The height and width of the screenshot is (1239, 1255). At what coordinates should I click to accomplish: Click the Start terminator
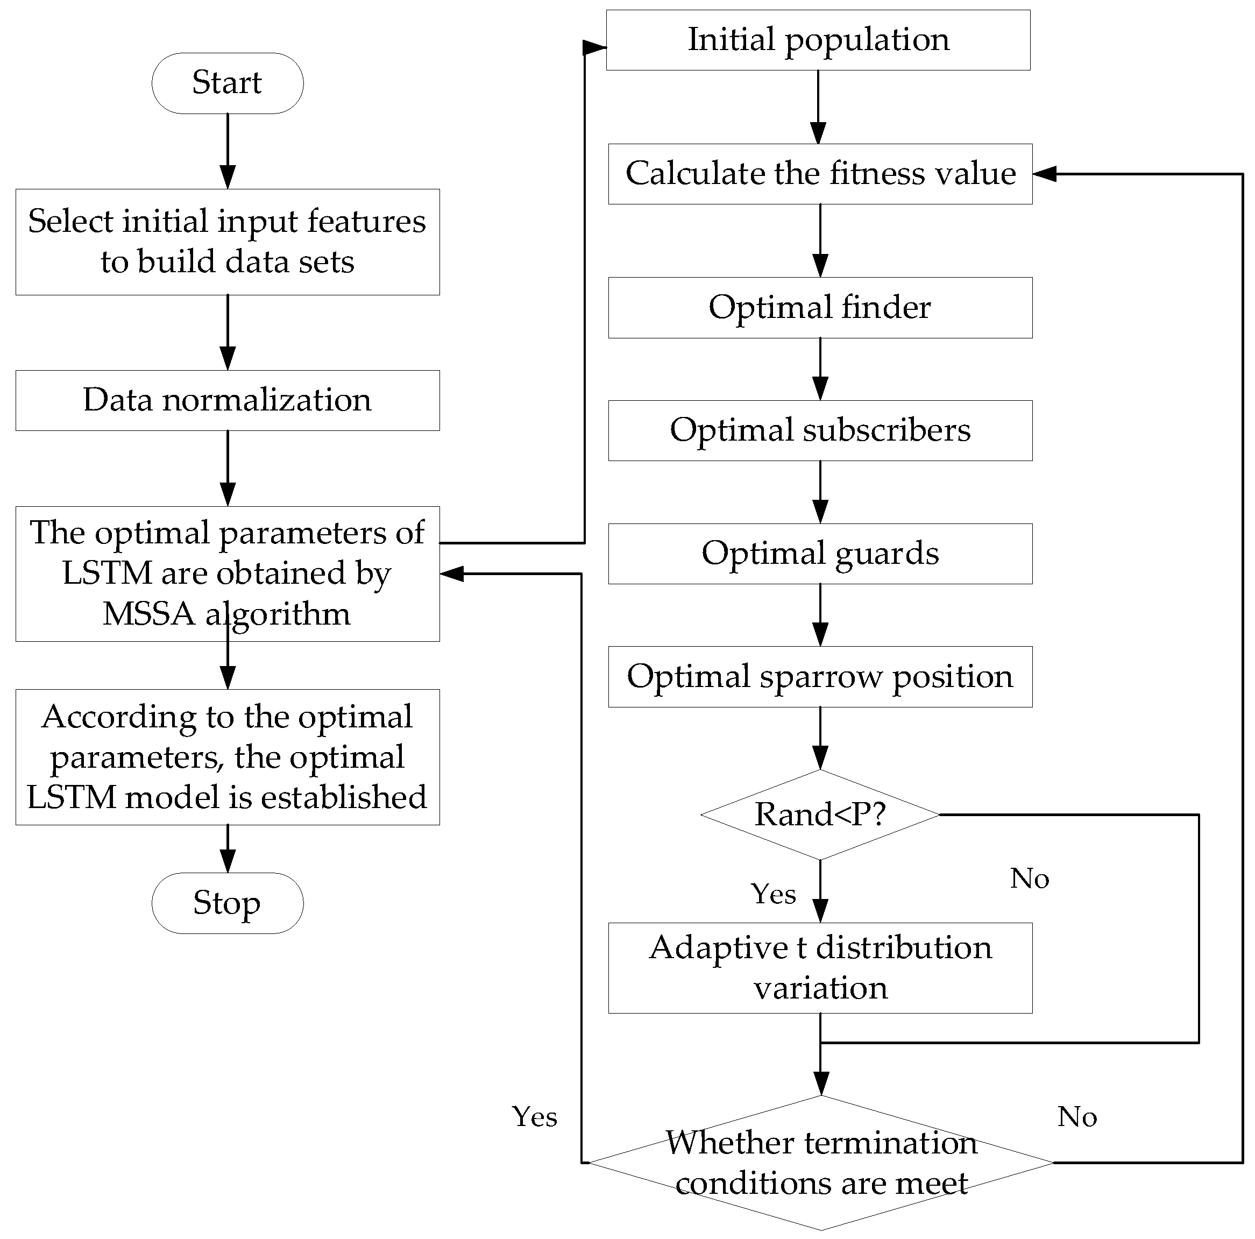[228, 83]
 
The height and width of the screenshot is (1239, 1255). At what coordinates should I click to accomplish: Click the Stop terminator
[228, 903]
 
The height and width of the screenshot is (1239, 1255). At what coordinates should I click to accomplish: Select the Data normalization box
[228, 400]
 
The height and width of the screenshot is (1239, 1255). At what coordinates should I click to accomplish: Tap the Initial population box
[818, 40]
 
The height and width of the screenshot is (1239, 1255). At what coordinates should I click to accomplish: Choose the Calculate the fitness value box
[820, 173]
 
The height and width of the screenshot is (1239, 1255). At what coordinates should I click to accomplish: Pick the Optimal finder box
[820, 307]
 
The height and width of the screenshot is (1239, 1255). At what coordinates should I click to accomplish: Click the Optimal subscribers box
[820, 430]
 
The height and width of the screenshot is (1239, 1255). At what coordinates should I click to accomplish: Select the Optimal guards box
[820, 554]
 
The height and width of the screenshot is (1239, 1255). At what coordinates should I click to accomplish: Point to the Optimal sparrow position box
[820, 676]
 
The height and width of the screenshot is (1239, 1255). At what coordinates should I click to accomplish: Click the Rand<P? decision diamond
[820, 815]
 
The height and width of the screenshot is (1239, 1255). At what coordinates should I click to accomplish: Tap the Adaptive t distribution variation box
[820, 967]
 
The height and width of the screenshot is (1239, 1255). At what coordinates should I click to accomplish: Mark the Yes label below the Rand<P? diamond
[773, 894]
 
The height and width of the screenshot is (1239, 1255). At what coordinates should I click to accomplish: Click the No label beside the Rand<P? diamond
[1030, 879]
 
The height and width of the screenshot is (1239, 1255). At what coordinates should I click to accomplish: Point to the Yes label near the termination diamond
[535, 1117]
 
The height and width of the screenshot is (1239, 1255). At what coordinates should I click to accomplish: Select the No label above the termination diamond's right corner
[1077, 1117]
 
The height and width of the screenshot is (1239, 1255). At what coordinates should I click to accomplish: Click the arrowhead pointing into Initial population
[594, 47]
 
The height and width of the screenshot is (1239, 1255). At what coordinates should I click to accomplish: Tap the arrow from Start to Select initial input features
[228, 151]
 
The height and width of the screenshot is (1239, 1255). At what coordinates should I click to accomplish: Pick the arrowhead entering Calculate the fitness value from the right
[1045, 173]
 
